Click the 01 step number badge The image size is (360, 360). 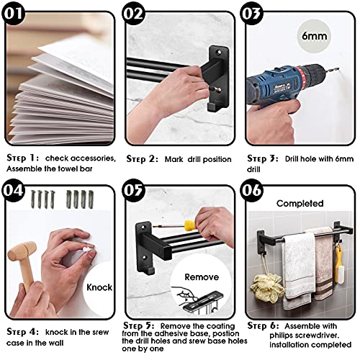(13, 13)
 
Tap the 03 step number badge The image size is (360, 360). (251, 13)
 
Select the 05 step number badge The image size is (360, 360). (133, 190)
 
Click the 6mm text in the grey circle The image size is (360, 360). (314, 36)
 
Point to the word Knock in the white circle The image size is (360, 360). (99, 287)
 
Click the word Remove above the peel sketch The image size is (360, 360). (202, 277)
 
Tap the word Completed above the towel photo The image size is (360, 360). (300, 204)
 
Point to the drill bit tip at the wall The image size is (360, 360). (338, 69)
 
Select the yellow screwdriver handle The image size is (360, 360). (190, 225)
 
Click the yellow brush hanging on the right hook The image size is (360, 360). (339, 266)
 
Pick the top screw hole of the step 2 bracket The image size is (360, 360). (219, 52)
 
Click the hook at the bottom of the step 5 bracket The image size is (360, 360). (150, 271)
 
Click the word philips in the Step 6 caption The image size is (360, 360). (282, 336)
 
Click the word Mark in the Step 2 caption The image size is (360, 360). (174, 159)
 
